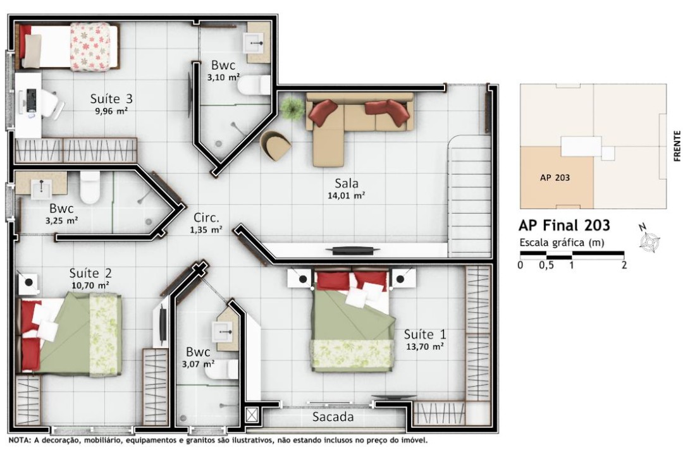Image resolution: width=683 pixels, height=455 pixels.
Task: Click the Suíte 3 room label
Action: [111, 99]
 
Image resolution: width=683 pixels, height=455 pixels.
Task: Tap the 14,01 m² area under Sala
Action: [347, 195]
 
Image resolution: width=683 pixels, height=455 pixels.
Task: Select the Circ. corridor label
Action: [206, 217]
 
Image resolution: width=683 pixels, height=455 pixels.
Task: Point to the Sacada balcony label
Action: [333, 416]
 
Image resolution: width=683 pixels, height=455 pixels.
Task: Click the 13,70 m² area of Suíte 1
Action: [425, 346]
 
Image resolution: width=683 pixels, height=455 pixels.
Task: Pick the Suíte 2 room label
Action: [90, 274]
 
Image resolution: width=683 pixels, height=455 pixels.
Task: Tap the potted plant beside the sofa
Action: [292, 108]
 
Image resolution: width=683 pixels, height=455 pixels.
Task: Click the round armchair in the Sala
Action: [276, 145]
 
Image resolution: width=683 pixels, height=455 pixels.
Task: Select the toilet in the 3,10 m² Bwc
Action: [254, 85]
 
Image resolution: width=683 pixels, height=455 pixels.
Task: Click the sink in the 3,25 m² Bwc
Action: [41, 188]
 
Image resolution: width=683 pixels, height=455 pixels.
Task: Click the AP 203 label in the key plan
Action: [555, 178]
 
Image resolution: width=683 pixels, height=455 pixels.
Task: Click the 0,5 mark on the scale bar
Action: [546, 265]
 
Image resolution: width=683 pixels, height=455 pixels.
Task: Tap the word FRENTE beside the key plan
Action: [677, 146]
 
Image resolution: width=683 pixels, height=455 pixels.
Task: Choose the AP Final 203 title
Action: [564, 225]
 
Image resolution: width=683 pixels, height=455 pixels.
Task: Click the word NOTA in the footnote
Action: [19, 440]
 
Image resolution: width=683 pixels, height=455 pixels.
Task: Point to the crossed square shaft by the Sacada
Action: [252, 414]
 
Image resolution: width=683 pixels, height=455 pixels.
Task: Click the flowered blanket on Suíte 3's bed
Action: [90, 47]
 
